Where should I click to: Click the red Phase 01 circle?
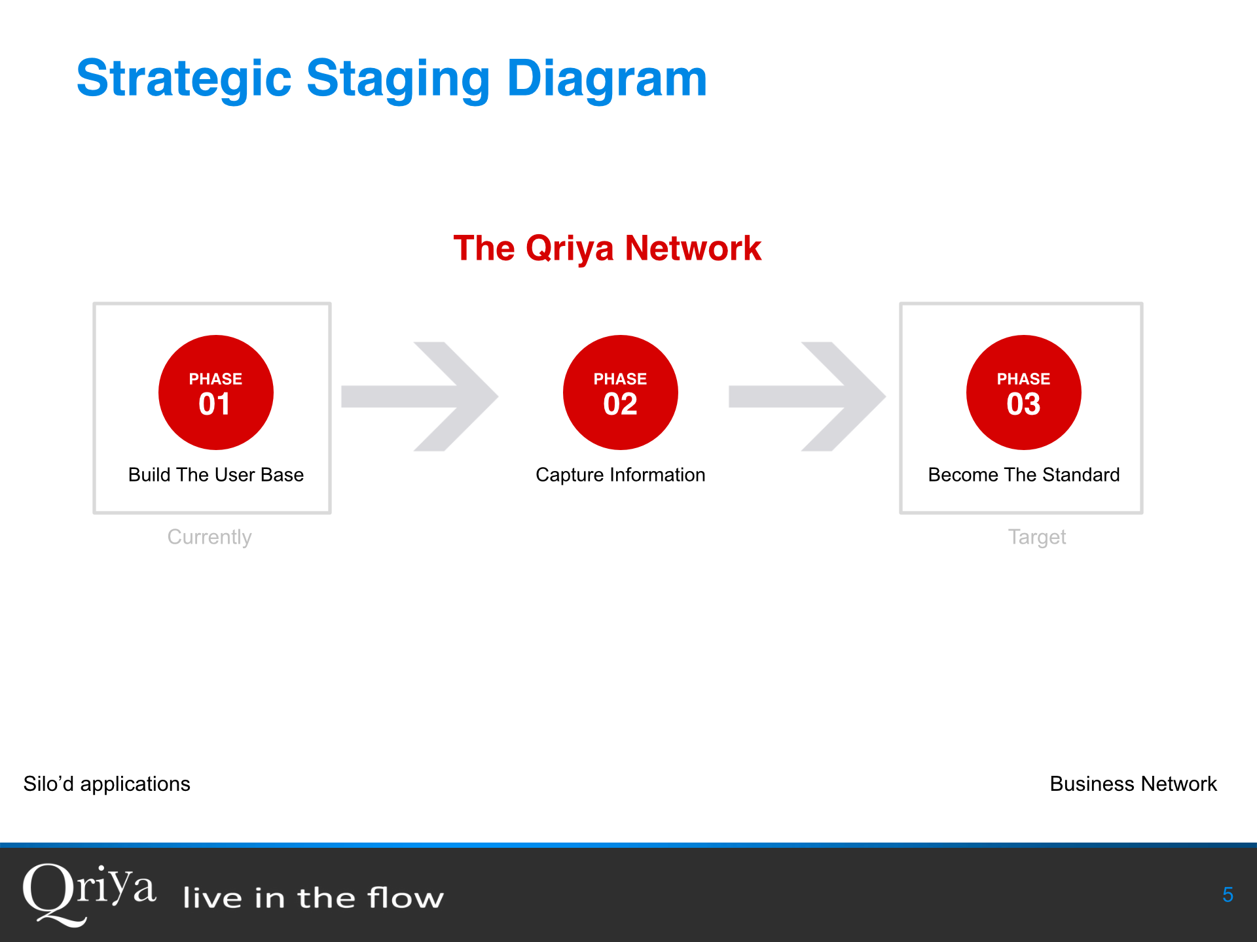[215, 392]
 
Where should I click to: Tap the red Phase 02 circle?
[620, 392]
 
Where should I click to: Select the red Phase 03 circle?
[1023, 392]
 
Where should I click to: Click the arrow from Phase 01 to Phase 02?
[419, 396]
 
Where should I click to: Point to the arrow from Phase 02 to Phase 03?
[807, 396]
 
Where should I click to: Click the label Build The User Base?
[215, 474]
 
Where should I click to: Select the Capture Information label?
[620, 474]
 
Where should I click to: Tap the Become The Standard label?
[1023, 474]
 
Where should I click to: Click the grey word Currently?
[209, 536]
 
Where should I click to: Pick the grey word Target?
[1036, 536]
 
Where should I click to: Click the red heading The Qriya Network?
[607, 249]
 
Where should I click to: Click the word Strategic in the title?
[184, 78]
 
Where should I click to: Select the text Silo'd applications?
[107, 784]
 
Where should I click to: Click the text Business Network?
[1133, 784]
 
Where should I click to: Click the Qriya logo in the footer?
[89, 893]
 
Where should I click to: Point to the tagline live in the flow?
[313, 898]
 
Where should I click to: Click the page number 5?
[1228, 894]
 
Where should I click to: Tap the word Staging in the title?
[398, 78]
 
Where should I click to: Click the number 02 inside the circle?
[620, 404]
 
